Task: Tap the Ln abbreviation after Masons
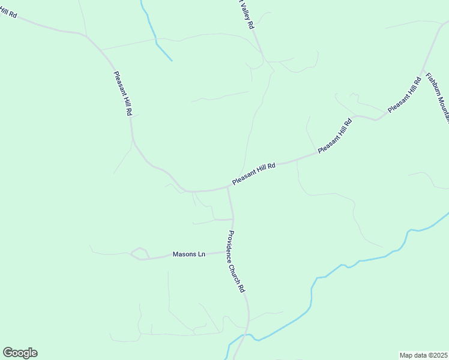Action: (x=202, y=254)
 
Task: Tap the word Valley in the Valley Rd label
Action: (x=244, y=10)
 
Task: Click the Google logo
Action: (x=20, y=353)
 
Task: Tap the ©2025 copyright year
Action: (x=438, y=355)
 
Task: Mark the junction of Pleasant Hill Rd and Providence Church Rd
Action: (x=228, y=187)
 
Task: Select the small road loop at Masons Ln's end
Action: (x=139, y=254)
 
